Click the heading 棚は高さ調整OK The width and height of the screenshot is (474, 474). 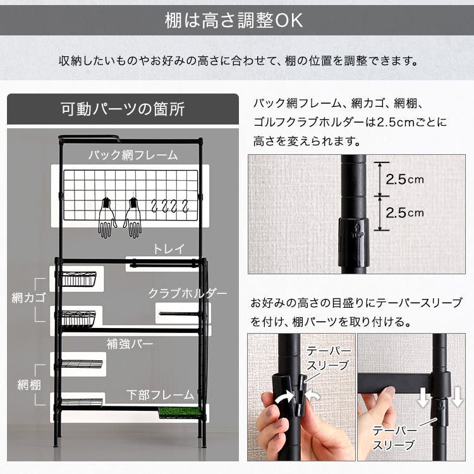pos(236,20)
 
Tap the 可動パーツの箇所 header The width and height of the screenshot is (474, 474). pos(123,109)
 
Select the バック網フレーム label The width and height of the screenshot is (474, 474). pos(133,154)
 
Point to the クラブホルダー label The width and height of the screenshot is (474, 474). pos(187,293)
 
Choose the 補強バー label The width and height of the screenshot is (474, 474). pos(130,344)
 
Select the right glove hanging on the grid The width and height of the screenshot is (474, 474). pos(133,219)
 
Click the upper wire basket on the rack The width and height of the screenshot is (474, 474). pos(79,278)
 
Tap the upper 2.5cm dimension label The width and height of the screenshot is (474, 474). pos(404,179)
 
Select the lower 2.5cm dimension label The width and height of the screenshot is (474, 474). pos(404,212)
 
